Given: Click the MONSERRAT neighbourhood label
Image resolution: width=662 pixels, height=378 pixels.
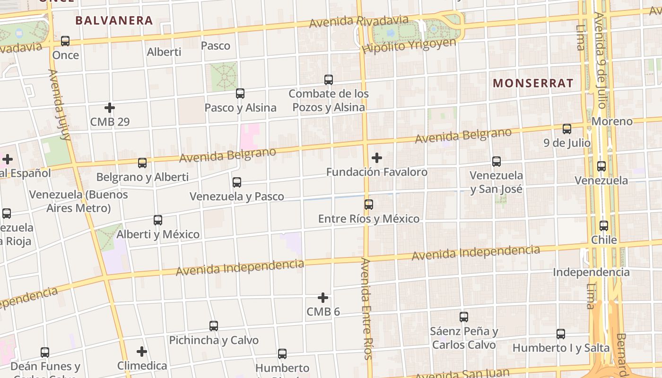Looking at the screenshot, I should (x=533, y=84).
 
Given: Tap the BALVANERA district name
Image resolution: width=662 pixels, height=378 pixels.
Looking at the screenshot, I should (x=114, y=21).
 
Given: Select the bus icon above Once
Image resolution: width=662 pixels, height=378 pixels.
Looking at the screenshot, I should (x=65, y=41).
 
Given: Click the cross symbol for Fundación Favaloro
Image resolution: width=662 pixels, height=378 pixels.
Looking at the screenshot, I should (x=377, y=157).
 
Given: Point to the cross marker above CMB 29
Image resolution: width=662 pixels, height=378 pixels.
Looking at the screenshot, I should (x=110, y=108).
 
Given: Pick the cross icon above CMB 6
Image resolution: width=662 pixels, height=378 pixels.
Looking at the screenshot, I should (x=323, y=298).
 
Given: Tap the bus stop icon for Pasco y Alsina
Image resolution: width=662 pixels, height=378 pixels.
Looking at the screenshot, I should (x=240, y=94).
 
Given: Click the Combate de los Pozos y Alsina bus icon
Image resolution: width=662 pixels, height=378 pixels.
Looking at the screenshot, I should (x=329, y=79).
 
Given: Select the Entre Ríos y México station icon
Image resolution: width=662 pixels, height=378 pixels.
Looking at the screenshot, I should (x=369, y=205).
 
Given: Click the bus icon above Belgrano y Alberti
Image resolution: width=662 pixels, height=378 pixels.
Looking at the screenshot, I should (x=142, y=163).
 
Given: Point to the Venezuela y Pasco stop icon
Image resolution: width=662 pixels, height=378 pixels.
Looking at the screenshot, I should (x=237, y=182).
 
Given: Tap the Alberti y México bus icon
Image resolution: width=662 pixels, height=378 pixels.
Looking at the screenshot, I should (x=158, y=220).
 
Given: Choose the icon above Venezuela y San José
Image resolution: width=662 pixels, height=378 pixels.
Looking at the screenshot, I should (x=496, y=162).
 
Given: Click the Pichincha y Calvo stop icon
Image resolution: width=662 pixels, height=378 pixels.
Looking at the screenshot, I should (x=214, y=326).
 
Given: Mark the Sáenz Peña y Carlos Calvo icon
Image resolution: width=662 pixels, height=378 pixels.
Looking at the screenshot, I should (x=464, y=317).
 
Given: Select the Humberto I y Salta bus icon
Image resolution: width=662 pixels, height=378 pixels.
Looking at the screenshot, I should (x=561, y=334).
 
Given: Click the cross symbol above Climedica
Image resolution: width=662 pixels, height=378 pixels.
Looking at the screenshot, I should (x=142, y=352).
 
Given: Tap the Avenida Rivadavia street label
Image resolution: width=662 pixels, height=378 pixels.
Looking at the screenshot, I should (x=359, y=21).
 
